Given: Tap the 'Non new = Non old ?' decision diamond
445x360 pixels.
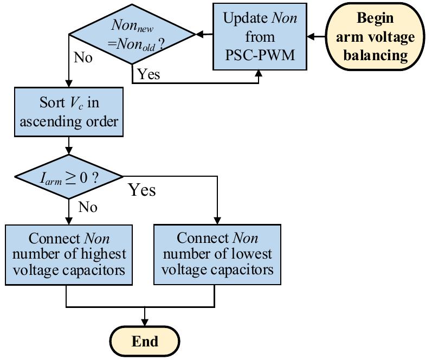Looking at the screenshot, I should pos(133,35).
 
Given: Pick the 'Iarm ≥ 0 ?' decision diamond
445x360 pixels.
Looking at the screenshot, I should pos(69,177).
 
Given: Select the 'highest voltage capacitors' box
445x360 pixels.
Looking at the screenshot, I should pos(69,254).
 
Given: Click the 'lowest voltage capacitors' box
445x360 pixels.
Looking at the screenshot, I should pos(217,254).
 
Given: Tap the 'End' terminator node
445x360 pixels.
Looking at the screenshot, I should pos(145,341).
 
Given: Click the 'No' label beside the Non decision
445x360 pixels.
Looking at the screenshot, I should pos(82,57).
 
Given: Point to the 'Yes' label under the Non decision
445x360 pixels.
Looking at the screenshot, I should pos(149,74).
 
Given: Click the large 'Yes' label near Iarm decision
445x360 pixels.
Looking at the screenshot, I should pos(141,190).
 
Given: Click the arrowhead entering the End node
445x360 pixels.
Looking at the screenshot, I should pos(145,323).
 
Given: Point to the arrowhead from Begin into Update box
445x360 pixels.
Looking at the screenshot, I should pos(310,36).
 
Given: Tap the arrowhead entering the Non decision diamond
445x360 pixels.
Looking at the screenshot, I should pos(199,35).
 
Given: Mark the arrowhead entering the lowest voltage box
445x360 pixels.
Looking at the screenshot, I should pos(217,221).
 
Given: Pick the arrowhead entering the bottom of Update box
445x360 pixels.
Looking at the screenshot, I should pos(258,73).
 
